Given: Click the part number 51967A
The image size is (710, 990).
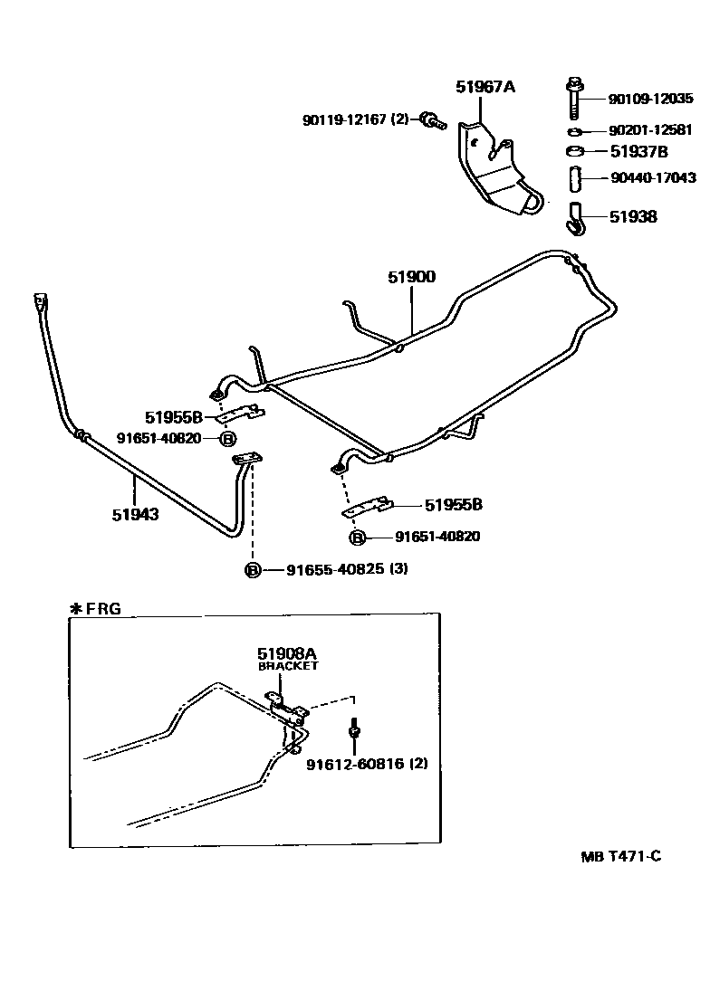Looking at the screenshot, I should [x=485, y=87].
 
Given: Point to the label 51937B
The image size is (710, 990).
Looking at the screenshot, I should [x=639, y=151].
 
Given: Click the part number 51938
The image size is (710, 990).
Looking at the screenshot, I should [x=633, y=217].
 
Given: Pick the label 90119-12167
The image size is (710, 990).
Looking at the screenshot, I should [x=344, y=119].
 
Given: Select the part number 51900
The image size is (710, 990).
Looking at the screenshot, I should [x=412, y=277].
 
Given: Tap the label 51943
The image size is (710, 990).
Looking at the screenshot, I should [x=136, y=515].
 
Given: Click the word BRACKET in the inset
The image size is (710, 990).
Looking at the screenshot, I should [x=288, y=666].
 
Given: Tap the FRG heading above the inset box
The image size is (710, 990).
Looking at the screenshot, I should [x=102, y=609].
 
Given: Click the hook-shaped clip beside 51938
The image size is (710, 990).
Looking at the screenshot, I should [x=573, y=217].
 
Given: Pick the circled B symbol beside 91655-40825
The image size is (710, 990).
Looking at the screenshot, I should [x=253, y=570].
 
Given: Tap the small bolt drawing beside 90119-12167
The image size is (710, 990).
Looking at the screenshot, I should [x=432, y=120].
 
